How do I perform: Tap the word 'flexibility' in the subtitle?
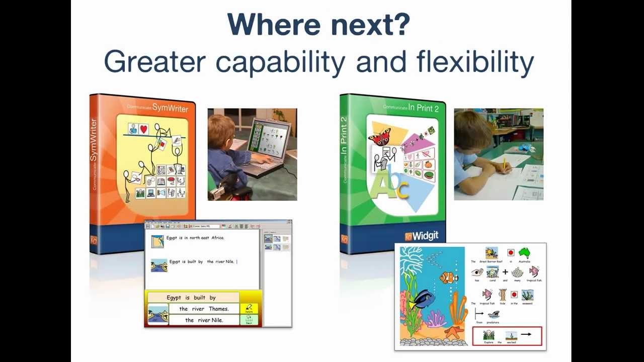(x=475, y=62)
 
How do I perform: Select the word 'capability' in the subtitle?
(x=280, y=62)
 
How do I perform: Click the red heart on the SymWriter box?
(x=144, y=129)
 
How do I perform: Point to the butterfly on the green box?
(x=380, y=137)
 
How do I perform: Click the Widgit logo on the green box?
(x=422, y=236)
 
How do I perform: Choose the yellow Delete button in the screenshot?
(x=249, y=308)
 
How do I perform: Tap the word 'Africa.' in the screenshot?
(x=217, y=238)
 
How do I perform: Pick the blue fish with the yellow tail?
(x=422, y=300)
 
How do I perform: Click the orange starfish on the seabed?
(x=454, y=332)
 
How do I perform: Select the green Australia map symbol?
(x=524, y=252)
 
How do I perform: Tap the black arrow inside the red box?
(x=526, y=334)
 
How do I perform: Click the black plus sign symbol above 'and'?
(x=505, y=272)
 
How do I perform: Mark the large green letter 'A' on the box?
(x=381, y=187)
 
